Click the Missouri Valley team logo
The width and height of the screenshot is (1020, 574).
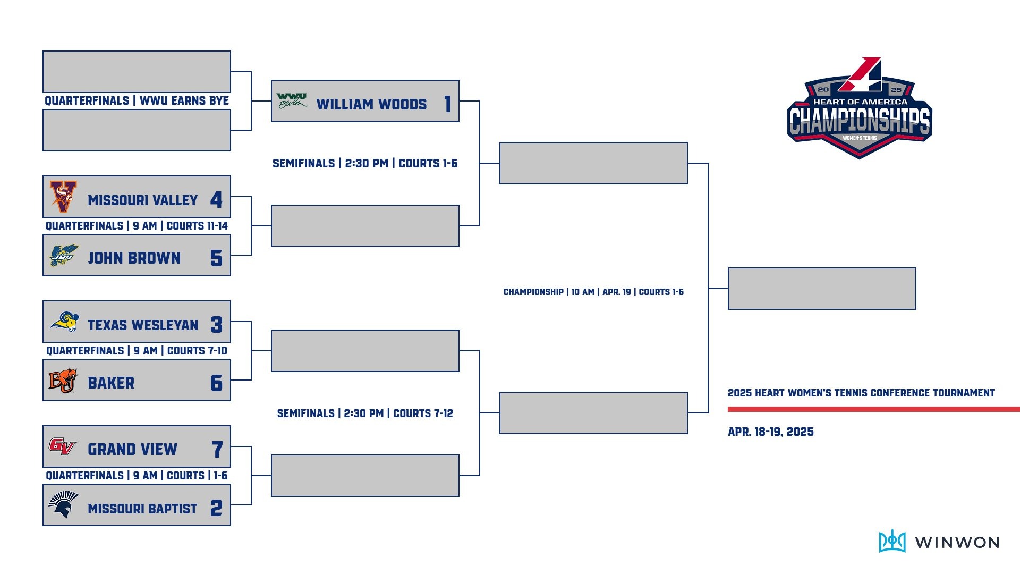click(x=64, y=197)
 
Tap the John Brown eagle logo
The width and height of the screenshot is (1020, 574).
click(x=64, y=256)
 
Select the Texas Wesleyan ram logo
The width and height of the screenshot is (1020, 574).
click(x=64, y=322)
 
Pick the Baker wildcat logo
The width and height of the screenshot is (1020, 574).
click(x=63, y=381)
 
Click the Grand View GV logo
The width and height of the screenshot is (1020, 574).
click(x=63, y=446)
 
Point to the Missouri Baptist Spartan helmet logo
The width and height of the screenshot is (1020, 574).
click(x=63, y=505)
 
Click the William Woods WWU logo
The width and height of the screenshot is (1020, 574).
click(x=292, y=100)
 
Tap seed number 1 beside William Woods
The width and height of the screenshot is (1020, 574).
click(x=447, y=104)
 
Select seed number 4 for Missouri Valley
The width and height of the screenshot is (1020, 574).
click(x=216, y=200)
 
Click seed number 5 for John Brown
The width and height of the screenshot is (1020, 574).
click(x=216, y=258)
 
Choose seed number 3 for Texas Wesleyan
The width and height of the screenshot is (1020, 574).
click(x=216, y=325)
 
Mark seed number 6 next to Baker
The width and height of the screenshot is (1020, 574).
click(x=216, y=383)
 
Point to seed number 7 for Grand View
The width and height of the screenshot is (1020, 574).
click(x=217, y=450)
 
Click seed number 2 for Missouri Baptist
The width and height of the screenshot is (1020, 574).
click(x=216, y=509)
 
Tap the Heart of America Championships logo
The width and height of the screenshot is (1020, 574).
click(x=859, y=109)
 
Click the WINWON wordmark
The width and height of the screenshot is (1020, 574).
click(x=957, y=543)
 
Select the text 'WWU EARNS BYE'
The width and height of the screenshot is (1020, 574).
click(x=184, y=101)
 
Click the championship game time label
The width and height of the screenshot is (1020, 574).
click(x=593, y=292)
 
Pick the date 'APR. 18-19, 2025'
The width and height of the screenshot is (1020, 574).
click(x=770, y=432)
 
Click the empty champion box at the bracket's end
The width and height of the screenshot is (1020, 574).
click(x=821, y=289)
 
